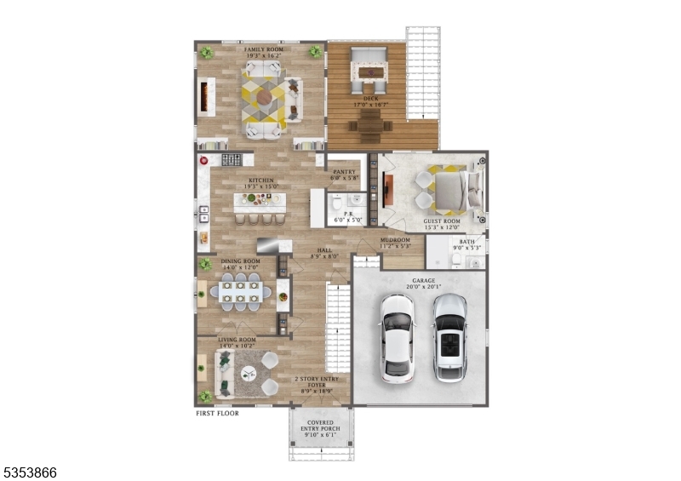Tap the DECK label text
tap(370, 99)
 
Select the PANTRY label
tap(344, 171)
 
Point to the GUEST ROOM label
tap(442, 221)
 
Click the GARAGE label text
tap(423, 279)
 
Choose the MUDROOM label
tap(395, 240)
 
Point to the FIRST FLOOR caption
tap(217, 413)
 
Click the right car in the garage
tap(449, 337)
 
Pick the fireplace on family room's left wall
tap(204, 97)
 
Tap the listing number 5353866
tap(29, 472)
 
